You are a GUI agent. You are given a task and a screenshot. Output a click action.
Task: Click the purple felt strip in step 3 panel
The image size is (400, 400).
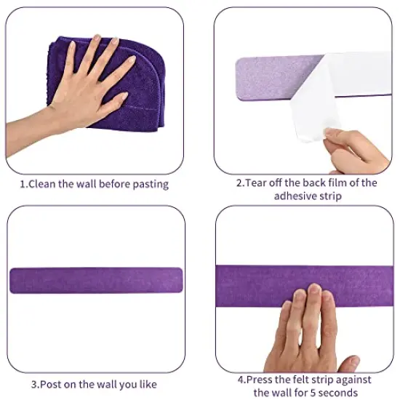coord(96,280)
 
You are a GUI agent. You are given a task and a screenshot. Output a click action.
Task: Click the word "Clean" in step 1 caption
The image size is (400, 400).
coord(44,184)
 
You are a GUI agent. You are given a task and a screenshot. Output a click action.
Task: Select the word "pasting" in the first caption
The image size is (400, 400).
coord(150,184)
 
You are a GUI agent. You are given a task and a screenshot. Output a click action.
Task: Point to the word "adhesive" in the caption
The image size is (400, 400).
coord(295,196)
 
